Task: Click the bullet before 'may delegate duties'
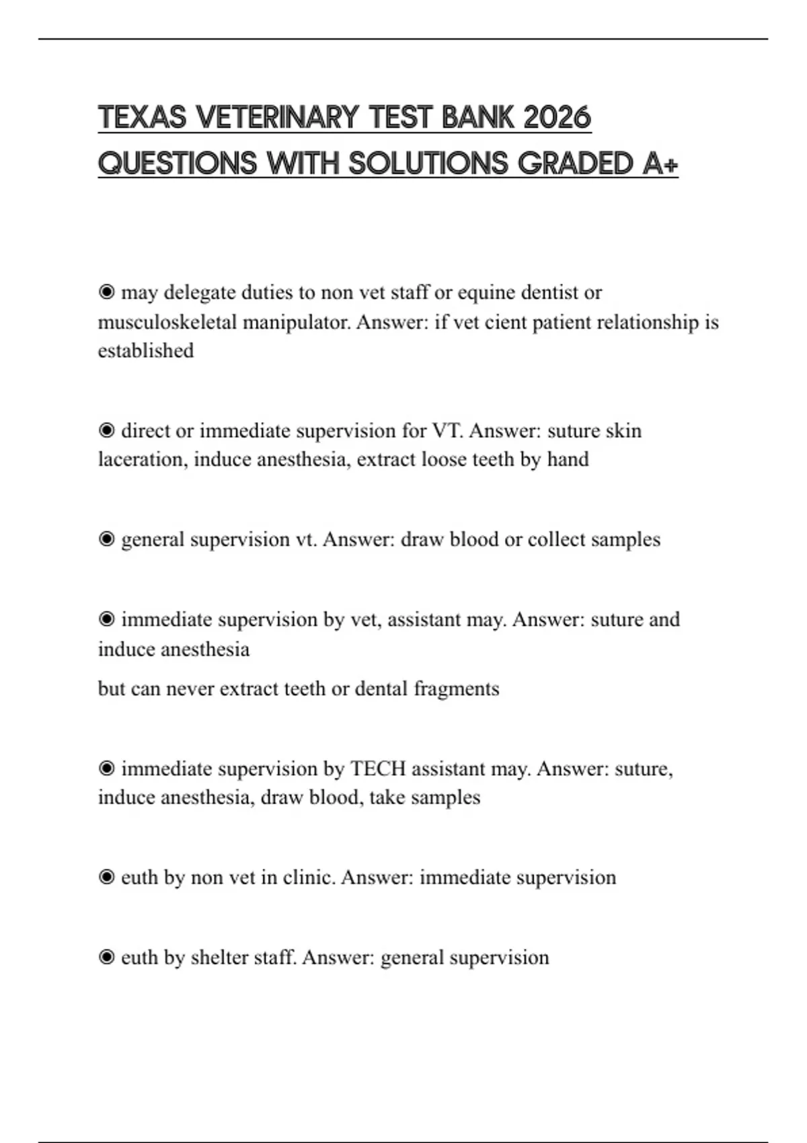tap(106, 292)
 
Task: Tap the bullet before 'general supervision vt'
tap(106, 539)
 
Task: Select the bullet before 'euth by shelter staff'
tap(106, 957)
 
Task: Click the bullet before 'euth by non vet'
tap(106, 877)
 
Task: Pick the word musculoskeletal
tap(167, 322)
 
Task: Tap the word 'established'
tap(146, 350)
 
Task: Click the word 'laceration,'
tap(143, 459)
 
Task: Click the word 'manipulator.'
tap(297, 322)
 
